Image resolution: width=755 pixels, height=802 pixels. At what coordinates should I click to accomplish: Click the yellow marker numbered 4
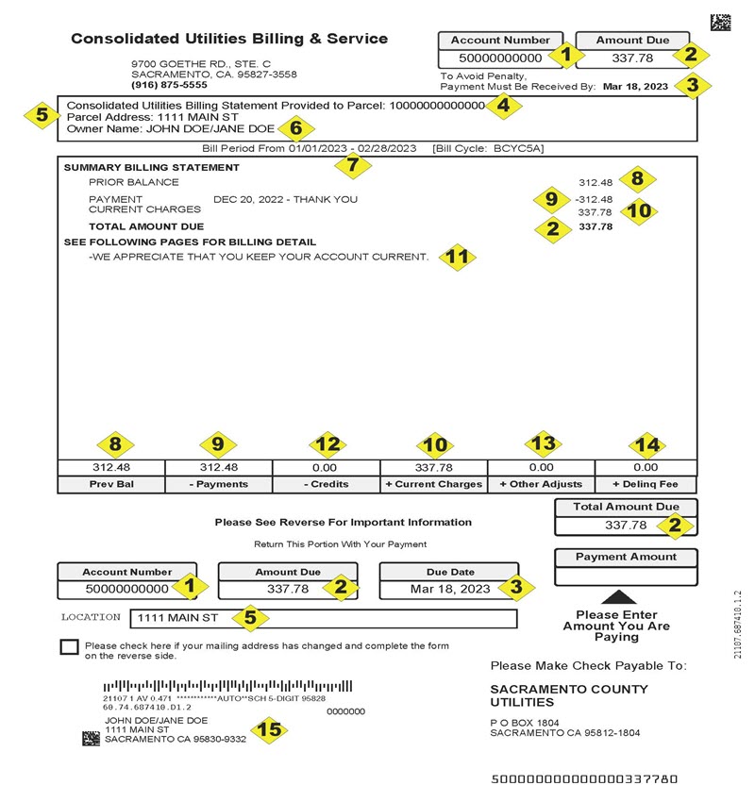[504, 107]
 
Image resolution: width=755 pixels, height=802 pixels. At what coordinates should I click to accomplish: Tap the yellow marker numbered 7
[354, 162]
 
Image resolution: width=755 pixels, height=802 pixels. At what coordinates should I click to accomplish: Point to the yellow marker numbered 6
[295, 128]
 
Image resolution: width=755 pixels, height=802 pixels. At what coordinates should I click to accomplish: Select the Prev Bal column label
[111, 484]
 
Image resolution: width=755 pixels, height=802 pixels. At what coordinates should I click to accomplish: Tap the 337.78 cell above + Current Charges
[434, 467]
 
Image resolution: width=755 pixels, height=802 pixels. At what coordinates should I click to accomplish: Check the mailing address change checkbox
[68, 647]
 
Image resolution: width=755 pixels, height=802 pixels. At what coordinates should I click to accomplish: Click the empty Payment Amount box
[626, 576]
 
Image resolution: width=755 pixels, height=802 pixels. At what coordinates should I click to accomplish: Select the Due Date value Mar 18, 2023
[450, 589]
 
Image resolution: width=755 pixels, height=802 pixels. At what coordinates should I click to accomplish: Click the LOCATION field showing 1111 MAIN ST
[326, 619]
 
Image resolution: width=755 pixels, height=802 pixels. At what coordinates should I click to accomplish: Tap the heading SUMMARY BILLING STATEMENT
[151, 167]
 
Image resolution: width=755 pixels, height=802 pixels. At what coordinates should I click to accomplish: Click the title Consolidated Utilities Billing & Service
[229, 40]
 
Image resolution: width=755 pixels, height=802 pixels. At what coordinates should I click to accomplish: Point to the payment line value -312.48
[593, 199]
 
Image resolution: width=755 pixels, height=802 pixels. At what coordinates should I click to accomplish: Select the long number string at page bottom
[584, 779]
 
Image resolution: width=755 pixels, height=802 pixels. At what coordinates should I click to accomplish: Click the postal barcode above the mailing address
[226, 686]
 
